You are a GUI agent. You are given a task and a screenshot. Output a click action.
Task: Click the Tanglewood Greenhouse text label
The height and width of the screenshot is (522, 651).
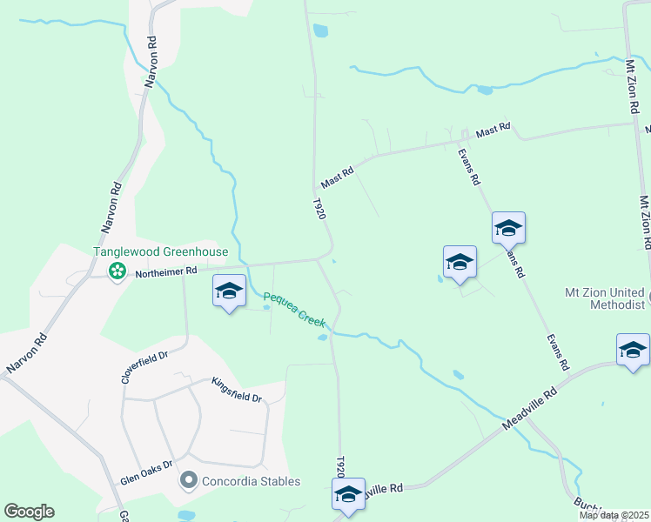point(161,252)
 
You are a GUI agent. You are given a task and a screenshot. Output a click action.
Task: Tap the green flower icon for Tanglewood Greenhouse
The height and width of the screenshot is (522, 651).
point(117,272)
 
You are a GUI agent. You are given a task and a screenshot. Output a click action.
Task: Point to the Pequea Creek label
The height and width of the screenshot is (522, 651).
point(294,308)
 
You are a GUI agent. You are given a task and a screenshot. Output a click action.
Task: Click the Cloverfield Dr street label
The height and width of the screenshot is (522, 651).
point(144,368)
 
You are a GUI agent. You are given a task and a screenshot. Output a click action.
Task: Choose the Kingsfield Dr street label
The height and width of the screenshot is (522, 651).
point(236,390)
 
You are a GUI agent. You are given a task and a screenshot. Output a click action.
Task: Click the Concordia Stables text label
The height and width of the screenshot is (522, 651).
point(251,481)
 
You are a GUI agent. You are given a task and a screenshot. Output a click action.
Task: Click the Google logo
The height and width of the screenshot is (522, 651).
point(29,512)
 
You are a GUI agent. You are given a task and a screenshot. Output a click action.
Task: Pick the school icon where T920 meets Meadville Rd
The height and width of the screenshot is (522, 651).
point(349,494)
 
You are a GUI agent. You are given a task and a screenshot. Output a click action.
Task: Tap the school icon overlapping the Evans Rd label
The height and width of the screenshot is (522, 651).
point(508,229)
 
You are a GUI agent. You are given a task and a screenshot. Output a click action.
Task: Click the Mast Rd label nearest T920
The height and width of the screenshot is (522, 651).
point(338,179)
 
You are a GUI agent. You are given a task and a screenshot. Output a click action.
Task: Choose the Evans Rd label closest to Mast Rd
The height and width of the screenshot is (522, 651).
point(469,167)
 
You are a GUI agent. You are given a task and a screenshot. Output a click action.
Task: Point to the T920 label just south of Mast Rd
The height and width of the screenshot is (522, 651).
point(319,209)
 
